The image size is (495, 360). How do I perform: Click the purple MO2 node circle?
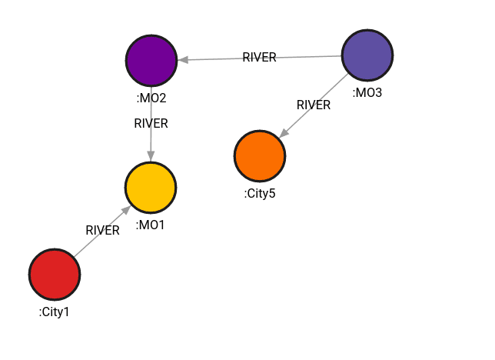click(x=151, y=60)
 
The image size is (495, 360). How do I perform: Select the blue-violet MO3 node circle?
click(x=367, y=55)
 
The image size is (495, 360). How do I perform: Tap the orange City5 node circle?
click(x=260, y=156)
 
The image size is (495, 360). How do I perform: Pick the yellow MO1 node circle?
click(x=151, y=188)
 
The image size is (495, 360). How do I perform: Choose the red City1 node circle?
click(x=55, y=275)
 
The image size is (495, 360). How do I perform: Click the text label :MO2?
click(x=151, y=98)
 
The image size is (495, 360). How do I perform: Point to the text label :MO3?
click(x=367, y=93)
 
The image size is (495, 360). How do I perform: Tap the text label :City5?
click(x=260, y=193)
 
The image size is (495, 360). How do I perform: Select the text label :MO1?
click(x=151, y=225)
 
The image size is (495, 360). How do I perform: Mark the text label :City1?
click(x=55, y=312)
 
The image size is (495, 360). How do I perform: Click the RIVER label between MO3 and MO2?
click(x=259, y=58)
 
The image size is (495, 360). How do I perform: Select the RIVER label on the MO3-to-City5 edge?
click(x=314, y=105)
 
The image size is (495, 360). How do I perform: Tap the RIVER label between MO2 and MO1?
click(x=151, y=123)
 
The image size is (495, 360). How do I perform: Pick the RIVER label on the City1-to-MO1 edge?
click(x=102, y=230)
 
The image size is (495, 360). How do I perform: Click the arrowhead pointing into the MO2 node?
click(x=182, y=59)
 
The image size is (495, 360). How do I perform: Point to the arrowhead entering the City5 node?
click(x=283, y=134)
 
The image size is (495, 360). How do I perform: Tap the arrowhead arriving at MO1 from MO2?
click(x=151, y=157)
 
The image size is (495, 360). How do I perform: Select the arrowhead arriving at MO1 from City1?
click(x=125, y=210)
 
